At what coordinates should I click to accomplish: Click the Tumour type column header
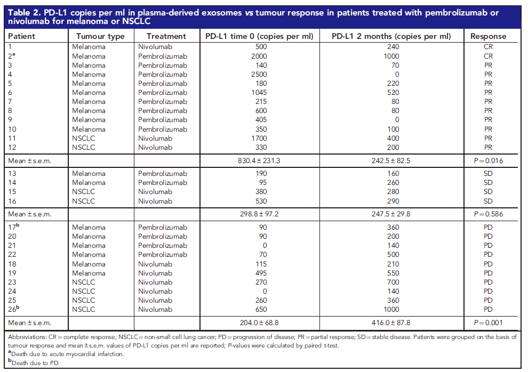100,36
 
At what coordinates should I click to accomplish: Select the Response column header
488,36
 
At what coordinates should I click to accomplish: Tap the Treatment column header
166,36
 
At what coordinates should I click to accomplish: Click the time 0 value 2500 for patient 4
259,74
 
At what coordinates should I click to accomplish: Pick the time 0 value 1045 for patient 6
259,93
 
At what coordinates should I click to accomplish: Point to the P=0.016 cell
488,161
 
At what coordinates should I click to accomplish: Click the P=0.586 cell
488,214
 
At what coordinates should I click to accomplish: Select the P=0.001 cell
488,322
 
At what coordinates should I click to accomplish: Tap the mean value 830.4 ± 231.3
259,161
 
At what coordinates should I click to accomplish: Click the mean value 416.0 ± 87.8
391,322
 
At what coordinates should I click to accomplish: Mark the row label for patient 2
12,56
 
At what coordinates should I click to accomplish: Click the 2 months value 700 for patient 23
393,282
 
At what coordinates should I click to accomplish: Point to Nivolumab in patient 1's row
155,47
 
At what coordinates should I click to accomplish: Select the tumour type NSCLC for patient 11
84,138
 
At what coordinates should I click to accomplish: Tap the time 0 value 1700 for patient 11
259,138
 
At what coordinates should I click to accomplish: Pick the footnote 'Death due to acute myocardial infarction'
66,354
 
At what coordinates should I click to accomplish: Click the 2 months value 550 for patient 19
393,273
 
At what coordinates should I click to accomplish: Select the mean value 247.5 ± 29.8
391,214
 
